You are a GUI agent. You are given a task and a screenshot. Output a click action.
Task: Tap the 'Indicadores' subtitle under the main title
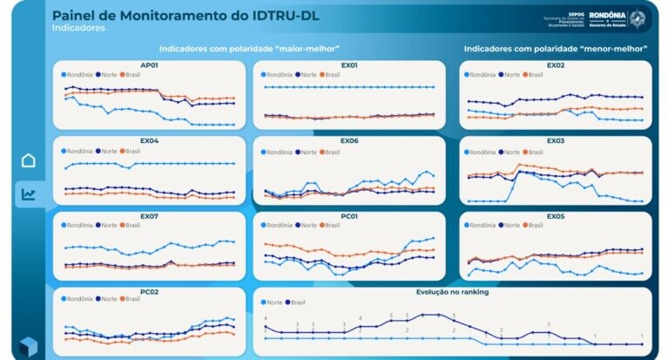[x=78, y=28]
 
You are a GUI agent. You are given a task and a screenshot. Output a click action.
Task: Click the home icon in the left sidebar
[x=29, y=160]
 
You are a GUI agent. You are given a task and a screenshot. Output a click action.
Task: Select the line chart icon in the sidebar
[x=29, y=194]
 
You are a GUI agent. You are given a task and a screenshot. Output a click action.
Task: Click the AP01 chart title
[x=149, y=65]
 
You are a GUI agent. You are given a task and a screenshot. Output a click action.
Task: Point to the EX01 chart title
[x=348, y=65]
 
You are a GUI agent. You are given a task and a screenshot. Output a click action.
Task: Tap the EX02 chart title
[x=555, y=65]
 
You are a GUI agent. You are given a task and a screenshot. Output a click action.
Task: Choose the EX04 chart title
[x=149, y=141]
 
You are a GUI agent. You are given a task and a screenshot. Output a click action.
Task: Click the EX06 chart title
[x=348, y=141]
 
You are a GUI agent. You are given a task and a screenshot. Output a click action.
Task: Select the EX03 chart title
[x=555, y=141]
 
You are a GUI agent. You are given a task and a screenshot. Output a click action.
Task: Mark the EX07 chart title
[x=149, y=216]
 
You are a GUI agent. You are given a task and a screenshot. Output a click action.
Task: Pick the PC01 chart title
[x=348, y=216]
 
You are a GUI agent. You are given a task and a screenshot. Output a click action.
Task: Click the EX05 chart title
[x=555, y=216]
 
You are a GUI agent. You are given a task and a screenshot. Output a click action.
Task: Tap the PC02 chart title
[x=149, y=291]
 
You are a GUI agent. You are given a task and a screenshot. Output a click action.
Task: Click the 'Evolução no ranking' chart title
[x=452, y=291]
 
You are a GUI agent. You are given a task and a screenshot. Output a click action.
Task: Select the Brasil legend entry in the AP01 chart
[x=131, y=75]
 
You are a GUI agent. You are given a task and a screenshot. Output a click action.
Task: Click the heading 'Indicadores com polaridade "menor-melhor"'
[x=555, y=49]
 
